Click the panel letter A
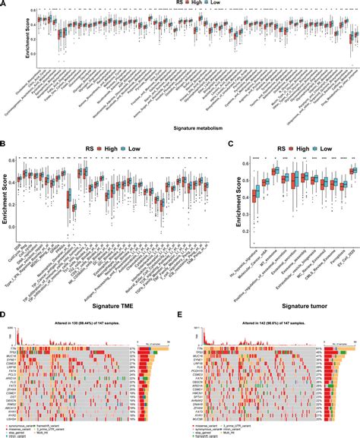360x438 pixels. coord(4,4)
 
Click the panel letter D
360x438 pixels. coord(4,311)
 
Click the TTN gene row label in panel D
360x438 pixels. coord(14,347)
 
